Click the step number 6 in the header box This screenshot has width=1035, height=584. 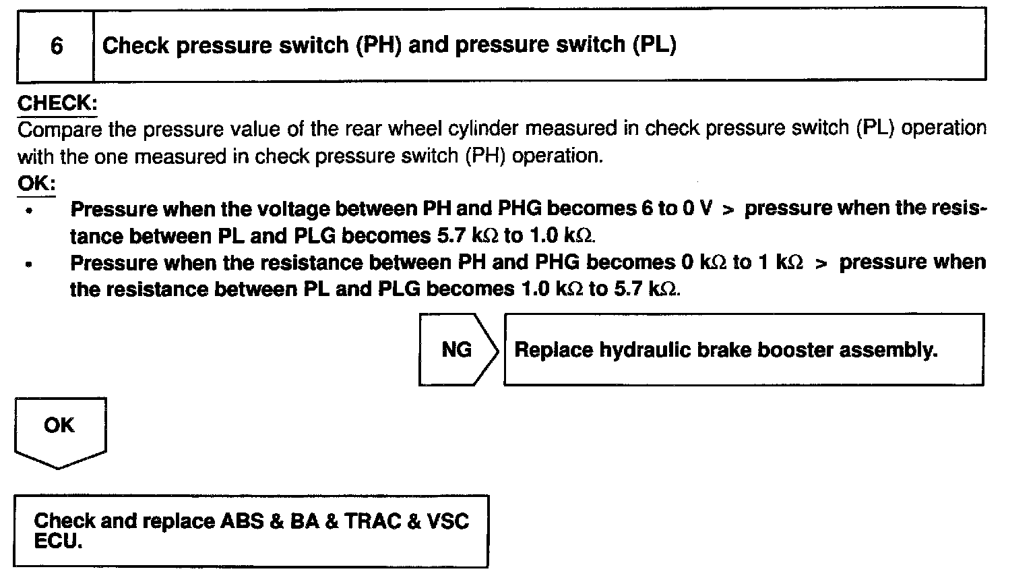pos(57,46)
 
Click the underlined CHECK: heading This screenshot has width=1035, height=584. pos(57,103)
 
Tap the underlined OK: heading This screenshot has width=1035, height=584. pos(36,183)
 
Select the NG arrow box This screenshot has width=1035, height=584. pos(458,349)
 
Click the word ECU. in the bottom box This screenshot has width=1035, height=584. pos(58,542)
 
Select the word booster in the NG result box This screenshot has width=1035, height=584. pos(790,350)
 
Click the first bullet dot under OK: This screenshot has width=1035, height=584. pos(28,211)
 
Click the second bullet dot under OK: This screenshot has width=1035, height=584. pos(28,264)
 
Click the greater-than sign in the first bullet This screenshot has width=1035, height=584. pos(728,210)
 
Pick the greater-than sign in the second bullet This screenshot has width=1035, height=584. pos(821,264)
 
